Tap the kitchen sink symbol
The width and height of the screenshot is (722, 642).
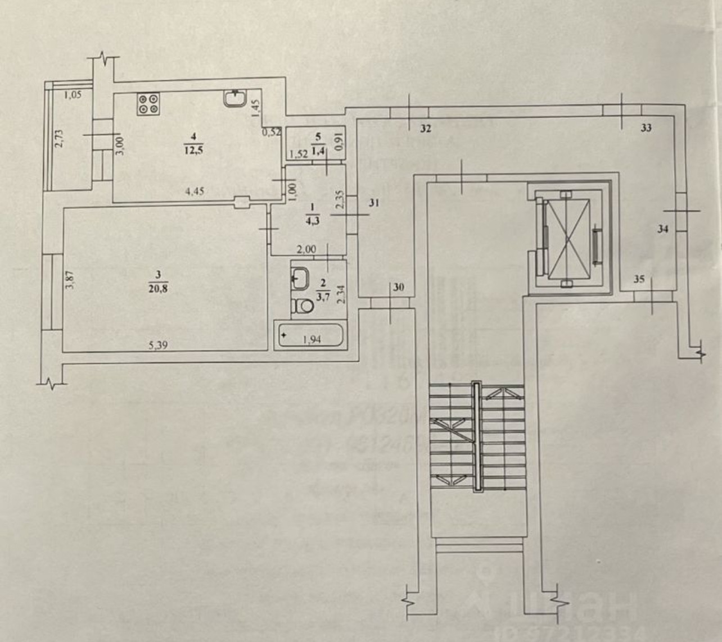tap(234, 99)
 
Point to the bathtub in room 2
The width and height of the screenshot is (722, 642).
tap(309, 336)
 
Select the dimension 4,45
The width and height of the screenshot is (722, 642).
tap(194, 191)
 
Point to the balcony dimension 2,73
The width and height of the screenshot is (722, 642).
tap(59, 138)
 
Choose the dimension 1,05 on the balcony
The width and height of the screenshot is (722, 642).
tap(73, 95)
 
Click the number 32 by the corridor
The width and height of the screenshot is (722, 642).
tap(425, 129)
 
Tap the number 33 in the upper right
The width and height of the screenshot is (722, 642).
tap(646, 128)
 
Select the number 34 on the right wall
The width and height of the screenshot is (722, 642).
tap(664, 229)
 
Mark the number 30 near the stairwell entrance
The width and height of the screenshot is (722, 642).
tap(399, 288)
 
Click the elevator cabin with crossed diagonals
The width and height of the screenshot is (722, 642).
tap(569, 239)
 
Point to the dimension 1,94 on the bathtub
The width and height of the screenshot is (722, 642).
tap(311, 339)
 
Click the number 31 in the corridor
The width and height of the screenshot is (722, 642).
tap(374, 204)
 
